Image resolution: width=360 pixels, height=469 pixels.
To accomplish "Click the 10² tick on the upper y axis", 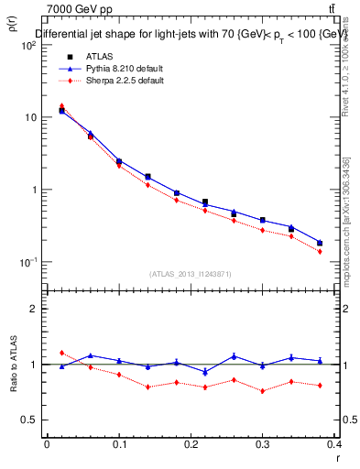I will (29, 45).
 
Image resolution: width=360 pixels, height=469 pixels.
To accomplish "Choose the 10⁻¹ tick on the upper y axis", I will (29, 263).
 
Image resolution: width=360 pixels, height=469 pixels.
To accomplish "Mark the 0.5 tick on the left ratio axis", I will (29, 420).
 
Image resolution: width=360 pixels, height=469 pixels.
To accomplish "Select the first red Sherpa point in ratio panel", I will (61, 353).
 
